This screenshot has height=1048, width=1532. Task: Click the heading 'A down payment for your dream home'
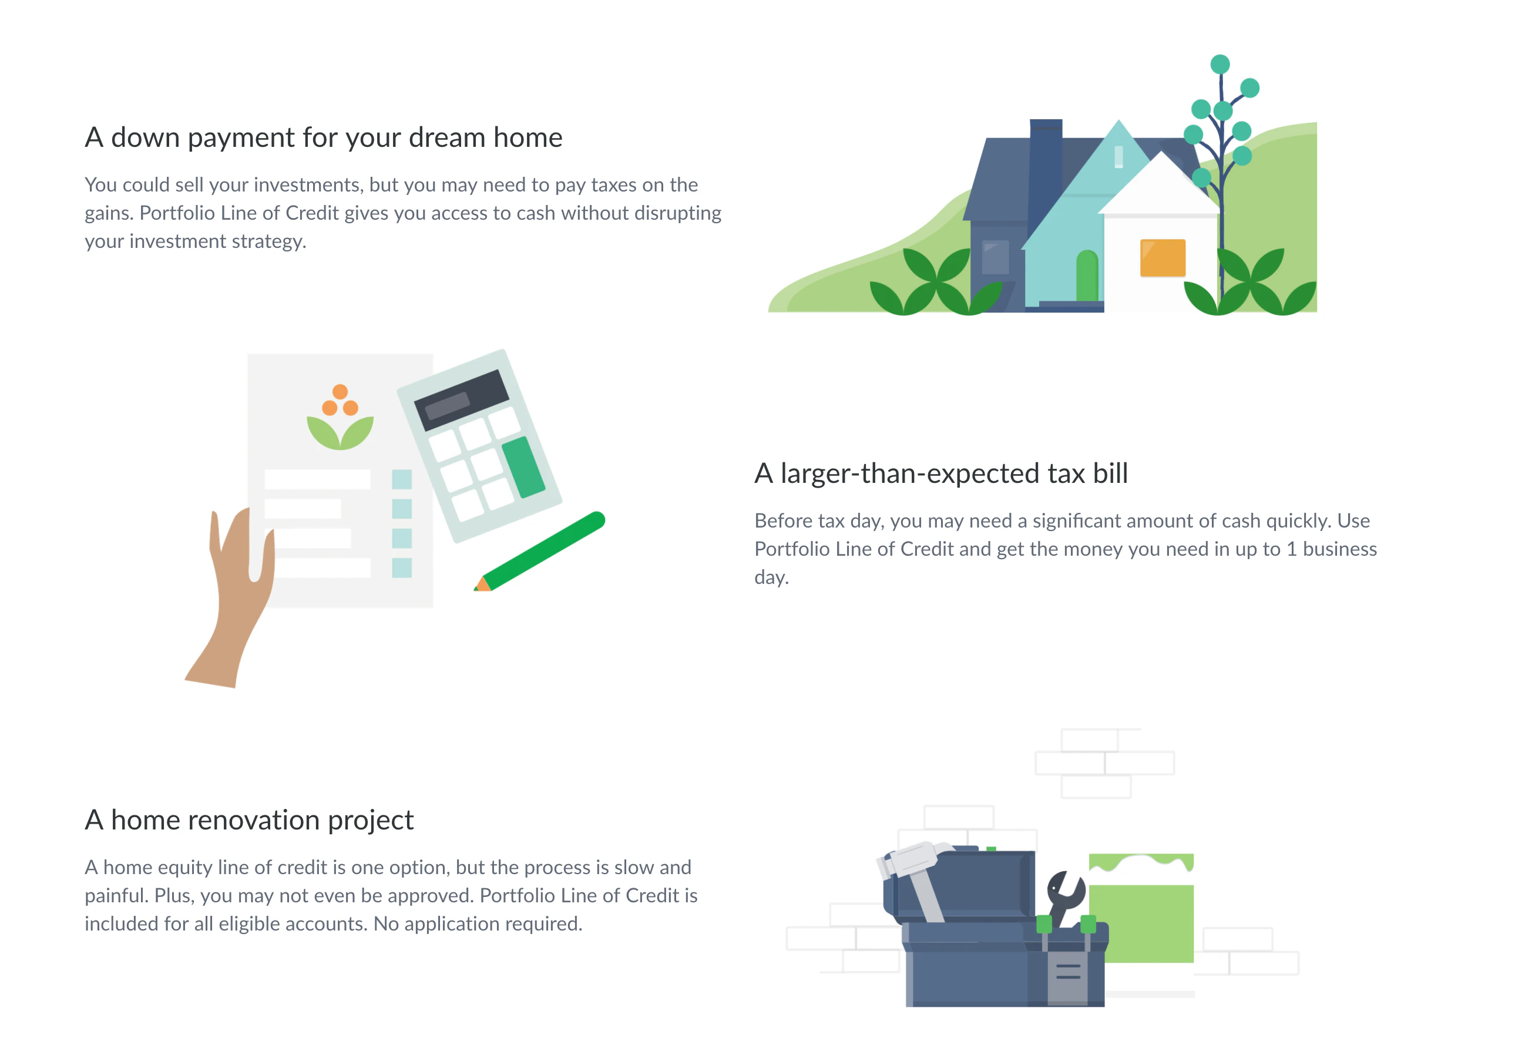point(323,138)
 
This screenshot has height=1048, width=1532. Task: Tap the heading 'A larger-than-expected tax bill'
point(940,473)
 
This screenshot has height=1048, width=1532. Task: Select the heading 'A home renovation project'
point(249,820)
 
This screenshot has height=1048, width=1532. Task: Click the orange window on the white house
point(1162,258)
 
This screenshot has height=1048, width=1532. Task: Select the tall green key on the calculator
point(523,466)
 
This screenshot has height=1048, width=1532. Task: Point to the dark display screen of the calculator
point(462,399)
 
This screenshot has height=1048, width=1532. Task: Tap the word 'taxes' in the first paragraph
point(610,185)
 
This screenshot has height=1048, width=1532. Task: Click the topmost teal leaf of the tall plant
point(1219,65)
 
